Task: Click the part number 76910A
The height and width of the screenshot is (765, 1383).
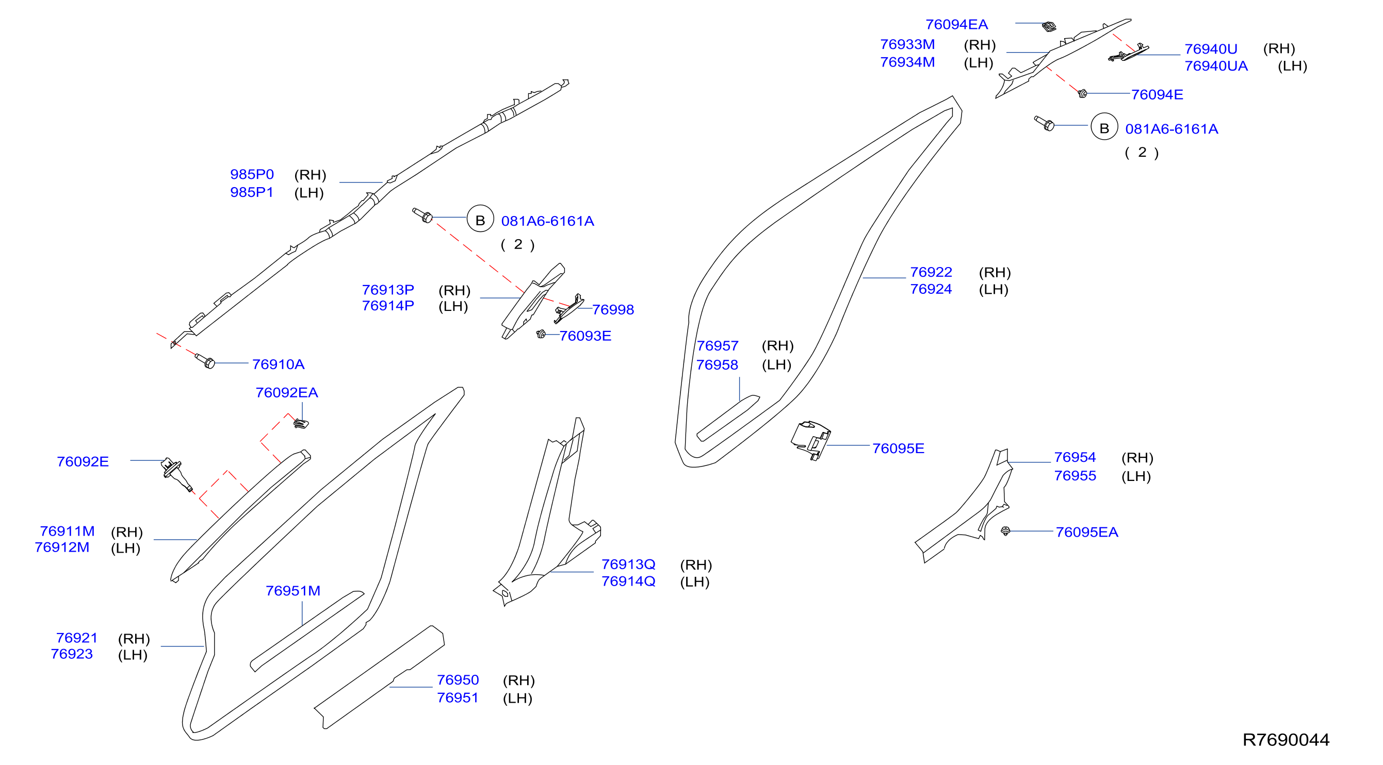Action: (x=278, y=364)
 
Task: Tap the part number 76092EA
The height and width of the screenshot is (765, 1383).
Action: (x=287, y=393)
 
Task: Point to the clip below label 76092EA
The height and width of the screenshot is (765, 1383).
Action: (x=301, y=424)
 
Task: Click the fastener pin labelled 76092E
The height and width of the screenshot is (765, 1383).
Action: (x=176, y=474)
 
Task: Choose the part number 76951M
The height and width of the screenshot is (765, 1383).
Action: (x=293, y=591)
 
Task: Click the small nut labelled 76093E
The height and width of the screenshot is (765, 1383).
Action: (x=541, y=334)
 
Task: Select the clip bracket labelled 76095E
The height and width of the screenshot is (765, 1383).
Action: (x=811, y=440)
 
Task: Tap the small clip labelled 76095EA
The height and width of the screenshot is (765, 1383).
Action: (x=1005, y=530)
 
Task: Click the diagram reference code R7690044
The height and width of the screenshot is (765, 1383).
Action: (x=1286, y=740)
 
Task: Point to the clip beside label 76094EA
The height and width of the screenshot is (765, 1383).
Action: (x=1049, y=26)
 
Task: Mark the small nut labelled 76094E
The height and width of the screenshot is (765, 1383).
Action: (x=1082, y=93)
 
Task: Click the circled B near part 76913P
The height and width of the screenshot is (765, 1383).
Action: (x=480, y=219)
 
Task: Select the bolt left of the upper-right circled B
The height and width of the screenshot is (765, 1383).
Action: (x=1044, y=123)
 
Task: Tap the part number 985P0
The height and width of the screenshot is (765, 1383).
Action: (x=252, y=174)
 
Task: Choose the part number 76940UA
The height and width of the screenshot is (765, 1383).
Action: (x=1216, y=66)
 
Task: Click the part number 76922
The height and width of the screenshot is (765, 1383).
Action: (x=931, y=272)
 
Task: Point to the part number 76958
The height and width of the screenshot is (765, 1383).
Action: (x=717, y=365)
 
